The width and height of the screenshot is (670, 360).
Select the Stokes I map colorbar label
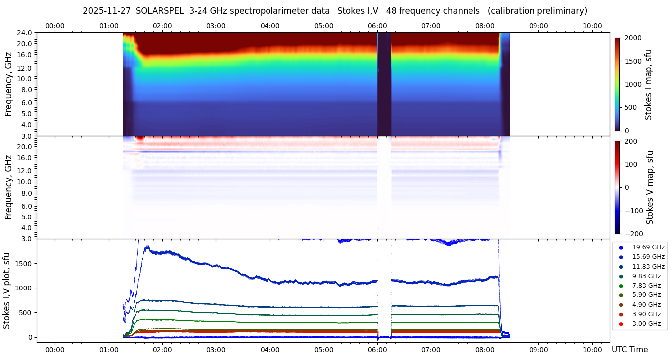click(x=648, y=84)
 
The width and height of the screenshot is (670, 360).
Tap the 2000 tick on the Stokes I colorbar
click(x=633, y=38)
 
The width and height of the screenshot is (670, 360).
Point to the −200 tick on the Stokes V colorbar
click(x=633, y=234)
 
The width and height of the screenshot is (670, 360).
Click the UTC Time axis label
click(x=630, y=350)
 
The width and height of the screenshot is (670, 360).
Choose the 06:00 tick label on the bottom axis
click(x=377, y=350)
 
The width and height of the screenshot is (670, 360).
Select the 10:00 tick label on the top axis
click(x=592, y=26)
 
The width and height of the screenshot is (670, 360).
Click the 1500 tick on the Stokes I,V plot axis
click(x=24, y=263)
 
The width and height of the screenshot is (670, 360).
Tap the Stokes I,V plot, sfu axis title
click(x=7, y=290)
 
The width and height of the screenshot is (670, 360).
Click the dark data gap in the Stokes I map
click(x=384, y=84)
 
